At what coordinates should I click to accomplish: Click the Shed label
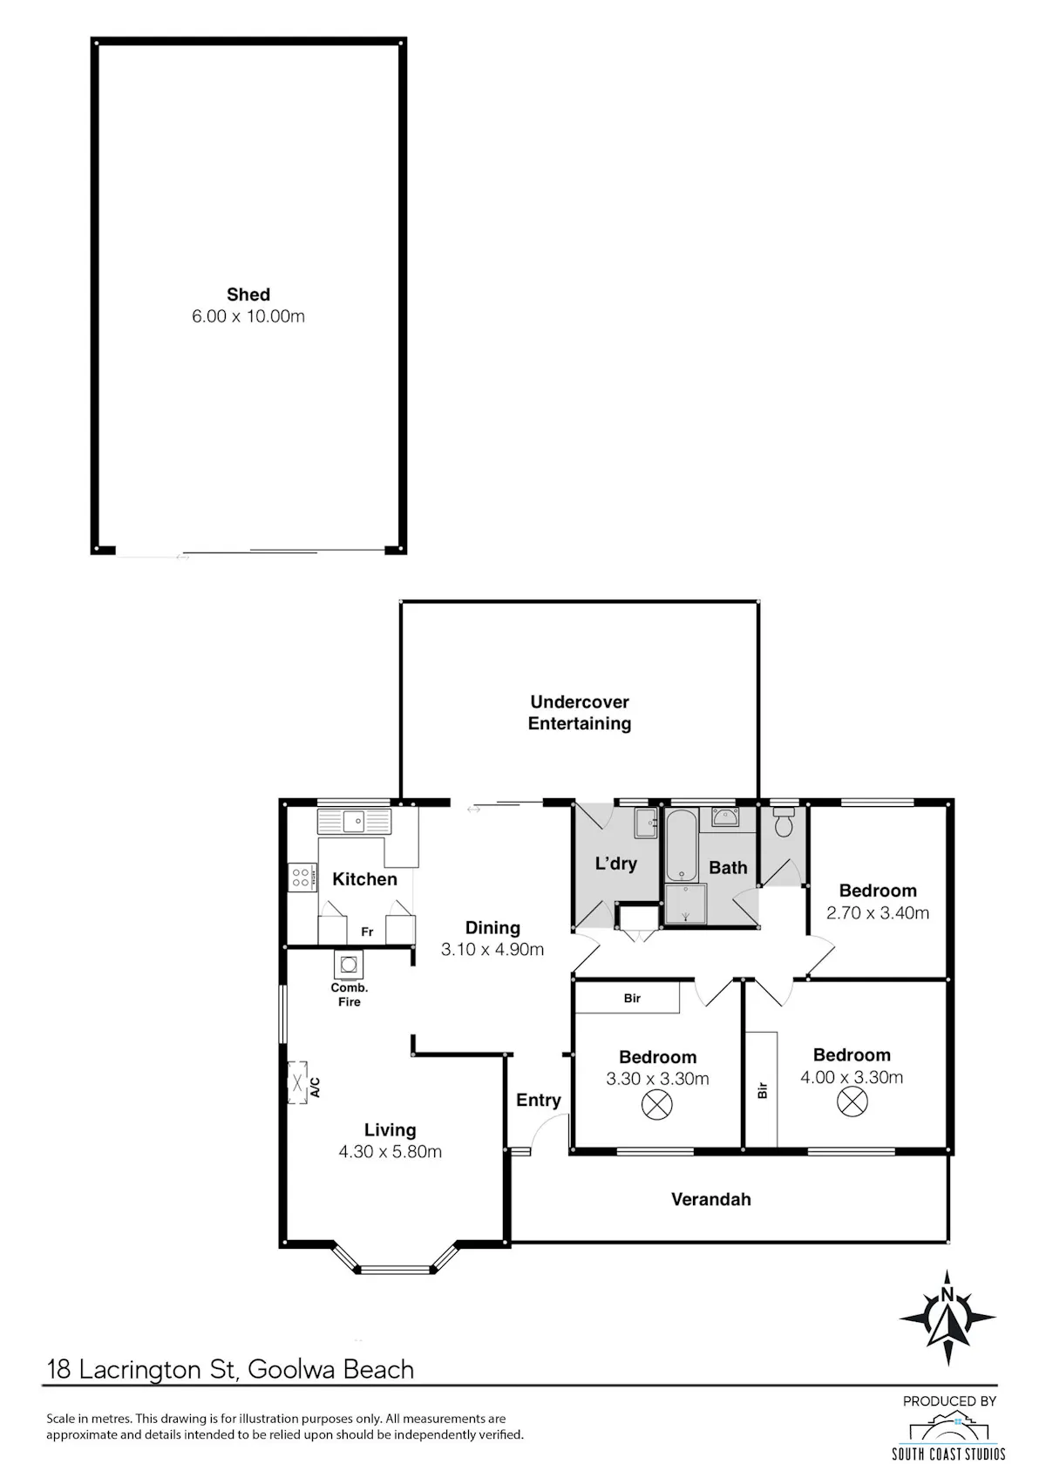coord(248,295)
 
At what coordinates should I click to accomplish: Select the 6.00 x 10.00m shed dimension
coord(248,316)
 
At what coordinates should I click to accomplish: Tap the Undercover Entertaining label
coord(579,713)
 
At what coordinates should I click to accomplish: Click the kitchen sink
coord(354,821)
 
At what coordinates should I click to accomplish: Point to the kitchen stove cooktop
coord(302,877)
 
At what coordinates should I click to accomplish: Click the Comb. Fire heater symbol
coord(349,964)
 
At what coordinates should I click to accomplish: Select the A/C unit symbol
coord(297,1083)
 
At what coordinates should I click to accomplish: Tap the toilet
coord(783,823)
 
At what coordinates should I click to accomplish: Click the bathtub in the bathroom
coord(682,845)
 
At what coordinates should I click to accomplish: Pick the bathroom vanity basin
coord(725,817)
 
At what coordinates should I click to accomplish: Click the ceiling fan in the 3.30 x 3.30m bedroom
coord(657,1105)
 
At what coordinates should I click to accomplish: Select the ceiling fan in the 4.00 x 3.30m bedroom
coord(852,1101)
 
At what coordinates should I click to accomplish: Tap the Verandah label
coord(710,1199)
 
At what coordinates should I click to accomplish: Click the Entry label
coord(538,1100)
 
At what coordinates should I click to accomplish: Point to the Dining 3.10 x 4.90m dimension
coord(492,950)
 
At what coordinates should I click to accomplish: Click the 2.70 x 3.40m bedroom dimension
coord(877,913)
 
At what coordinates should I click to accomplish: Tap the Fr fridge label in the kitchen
coord(367,932)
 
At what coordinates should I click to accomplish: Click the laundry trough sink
coord(645,823)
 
